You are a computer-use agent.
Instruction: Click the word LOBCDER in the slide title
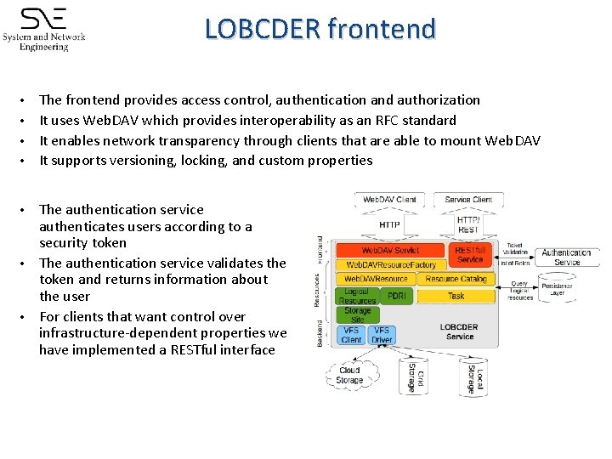(263, 29)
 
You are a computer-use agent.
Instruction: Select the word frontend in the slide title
(381, 29)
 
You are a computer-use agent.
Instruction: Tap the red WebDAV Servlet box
(390, 251)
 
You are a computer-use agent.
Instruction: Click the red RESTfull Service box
(470, 255)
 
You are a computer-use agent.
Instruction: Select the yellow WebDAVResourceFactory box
(390, 265)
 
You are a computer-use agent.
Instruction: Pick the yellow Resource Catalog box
(456, 279)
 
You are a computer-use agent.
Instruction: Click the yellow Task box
(456, 296)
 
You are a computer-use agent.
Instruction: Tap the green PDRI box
(397, 296)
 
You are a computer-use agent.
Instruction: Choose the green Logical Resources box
(357, 296)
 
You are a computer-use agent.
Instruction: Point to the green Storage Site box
(357, 314)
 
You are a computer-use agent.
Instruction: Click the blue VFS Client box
(351, 335)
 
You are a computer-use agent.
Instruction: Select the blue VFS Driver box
(382, 335)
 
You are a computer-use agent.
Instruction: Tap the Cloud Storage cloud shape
(349, 375)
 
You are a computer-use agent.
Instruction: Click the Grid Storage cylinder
(412, 374)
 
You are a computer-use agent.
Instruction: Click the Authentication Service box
(566, 257)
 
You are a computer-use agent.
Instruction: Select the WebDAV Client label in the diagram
(389, 200)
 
